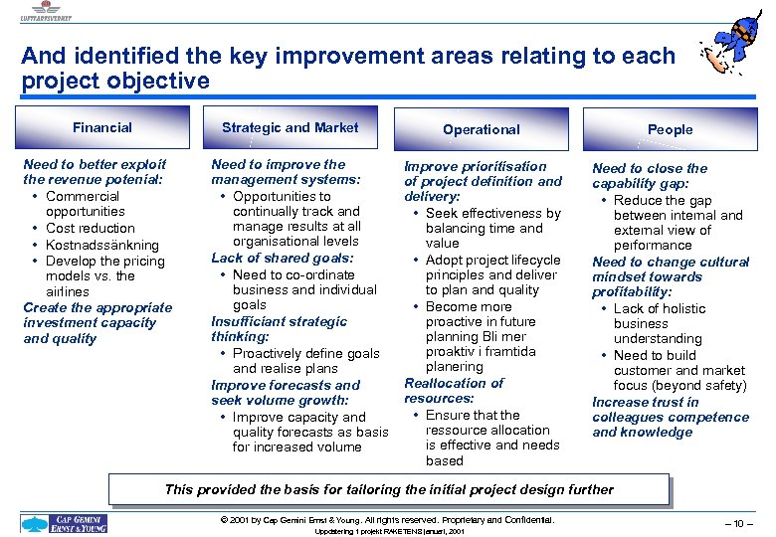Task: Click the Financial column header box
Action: [x=102, y=127]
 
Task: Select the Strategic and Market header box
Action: [x=290, y=127]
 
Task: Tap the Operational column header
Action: [x=481, y=129]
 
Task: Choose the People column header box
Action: [x=669, y=129]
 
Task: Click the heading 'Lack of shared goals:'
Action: [x=283, y=258]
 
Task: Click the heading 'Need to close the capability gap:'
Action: [x=649, y=176]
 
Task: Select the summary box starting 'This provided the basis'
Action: [x=388, y=489]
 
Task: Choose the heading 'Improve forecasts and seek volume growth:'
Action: [x=285, y=392]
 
